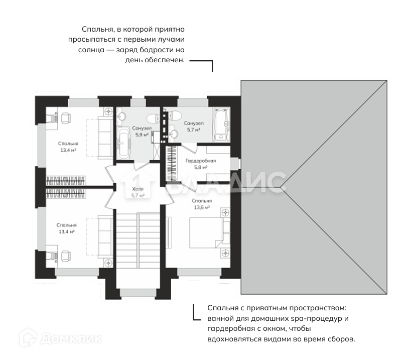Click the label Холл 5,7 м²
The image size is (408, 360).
coord(138,192)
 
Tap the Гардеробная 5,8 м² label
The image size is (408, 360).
coord(201,164)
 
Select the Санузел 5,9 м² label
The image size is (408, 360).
coord(142,131)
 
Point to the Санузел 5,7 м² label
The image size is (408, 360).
coord(194,126)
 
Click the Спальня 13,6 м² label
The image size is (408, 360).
coord(202,204)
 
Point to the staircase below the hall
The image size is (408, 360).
coord(138,241)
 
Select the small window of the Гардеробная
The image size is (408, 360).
coord(235,163)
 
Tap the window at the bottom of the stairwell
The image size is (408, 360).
coord(138,293)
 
